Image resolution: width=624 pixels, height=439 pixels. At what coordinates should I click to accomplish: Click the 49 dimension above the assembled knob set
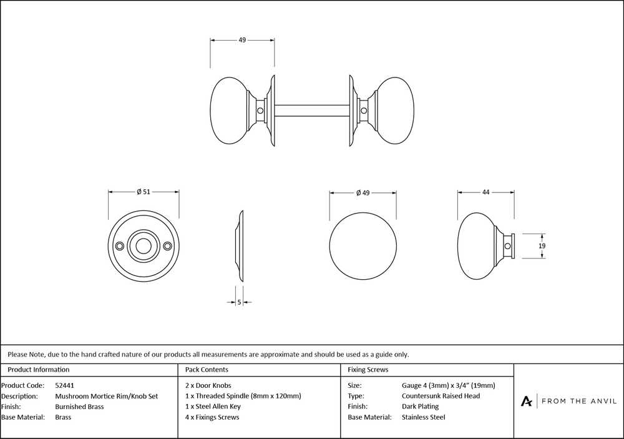click(x=242, y=40)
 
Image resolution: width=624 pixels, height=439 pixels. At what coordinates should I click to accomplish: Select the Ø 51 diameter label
click(x=144, y=192)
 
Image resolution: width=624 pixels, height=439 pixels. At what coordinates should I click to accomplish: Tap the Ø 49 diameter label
click(x=363, y=193)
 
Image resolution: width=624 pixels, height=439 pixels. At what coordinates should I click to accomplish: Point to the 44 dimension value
click(x=485, y=192)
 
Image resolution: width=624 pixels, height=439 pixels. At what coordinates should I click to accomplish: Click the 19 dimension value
click(x=542, y=246)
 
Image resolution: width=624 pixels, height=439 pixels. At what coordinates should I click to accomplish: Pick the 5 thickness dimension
click(x=240, y=303)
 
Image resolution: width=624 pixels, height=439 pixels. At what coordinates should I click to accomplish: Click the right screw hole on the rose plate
click(x=167, y=246)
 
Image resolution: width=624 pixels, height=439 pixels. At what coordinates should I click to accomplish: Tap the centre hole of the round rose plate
click(x=143, y=246)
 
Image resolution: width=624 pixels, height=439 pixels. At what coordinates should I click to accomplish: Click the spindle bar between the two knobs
click(x=310, y=111)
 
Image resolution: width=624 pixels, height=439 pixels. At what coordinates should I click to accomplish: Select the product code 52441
click(x=64, y=385)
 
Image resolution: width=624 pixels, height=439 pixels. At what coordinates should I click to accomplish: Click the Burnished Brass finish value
click(x=79, y=407)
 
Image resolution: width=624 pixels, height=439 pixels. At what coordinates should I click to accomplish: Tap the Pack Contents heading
click(x=207, y=370)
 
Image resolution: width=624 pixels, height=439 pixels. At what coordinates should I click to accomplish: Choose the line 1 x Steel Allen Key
click(x=213, y=407)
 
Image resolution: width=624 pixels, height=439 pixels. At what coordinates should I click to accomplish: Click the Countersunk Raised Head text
click(x=441, y=396)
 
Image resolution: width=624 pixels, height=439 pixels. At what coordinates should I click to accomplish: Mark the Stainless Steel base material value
click(x=424, y=417)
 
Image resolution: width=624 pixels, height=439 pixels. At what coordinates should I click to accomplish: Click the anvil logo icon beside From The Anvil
click(x=527, y=401)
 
